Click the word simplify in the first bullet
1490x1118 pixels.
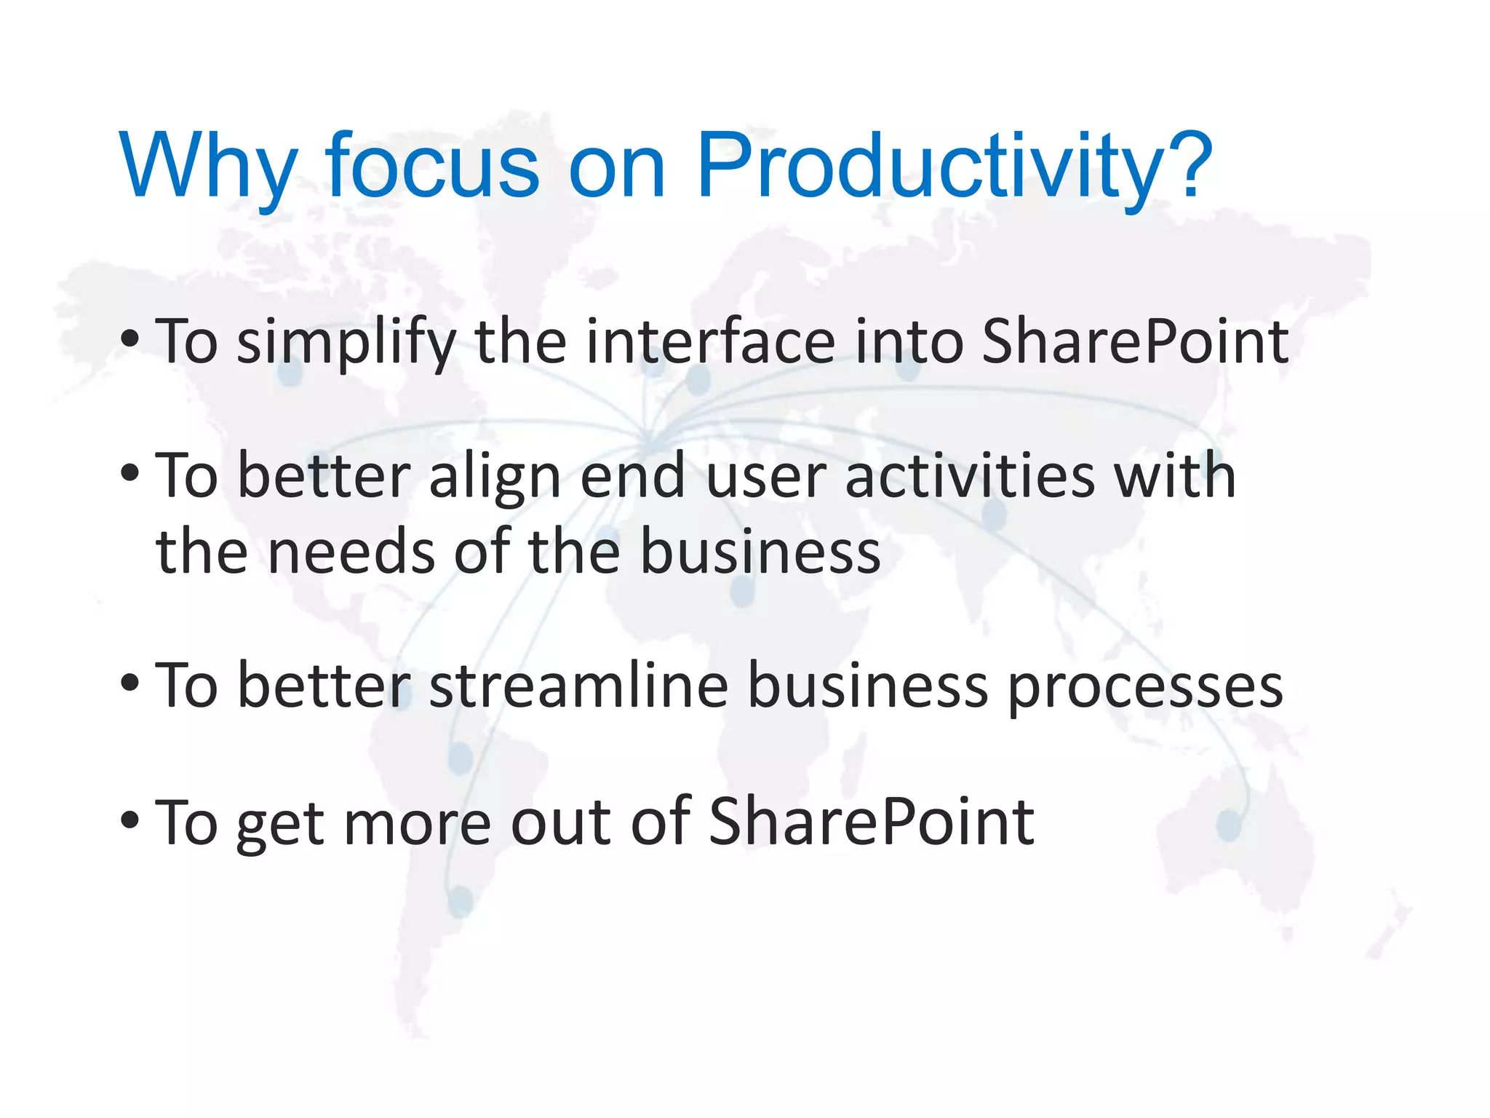tap(346, 342)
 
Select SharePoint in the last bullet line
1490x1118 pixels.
tap(871, 822)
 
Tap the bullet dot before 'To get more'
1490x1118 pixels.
tap(130, 820)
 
